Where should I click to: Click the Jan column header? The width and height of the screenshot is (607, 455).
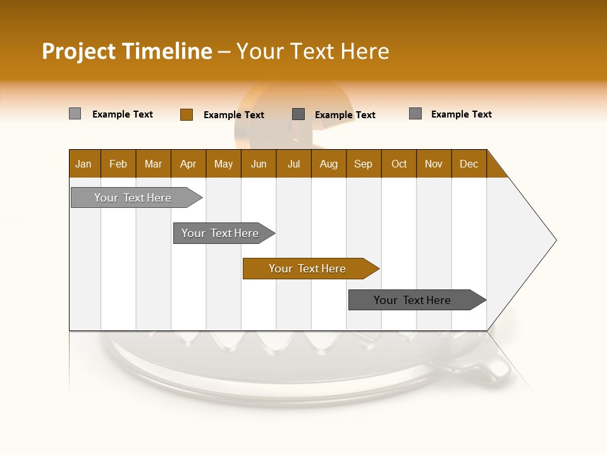point(84,164)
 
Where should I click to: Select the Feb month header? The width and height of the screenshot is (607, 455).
point(118,164)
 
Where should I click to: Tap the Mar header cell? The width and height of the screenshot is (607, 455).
point(153,164)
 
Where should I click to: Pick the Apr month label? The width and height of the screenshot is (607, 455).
point(188,164)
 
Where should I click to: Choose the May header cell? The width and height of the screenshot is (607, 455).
point(223,164)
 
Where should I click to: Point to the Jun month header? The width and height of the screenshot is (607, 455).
point(259,164)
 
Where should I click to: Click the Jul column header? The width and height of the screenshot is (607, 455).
point(293,164)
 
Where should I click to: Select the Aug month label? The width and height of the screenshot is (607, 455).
point(329,164)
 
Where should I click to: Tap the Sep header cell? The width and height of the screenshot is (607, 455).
point(364,164)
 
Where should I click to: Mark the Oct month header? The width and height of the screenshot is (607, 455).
point(399,164)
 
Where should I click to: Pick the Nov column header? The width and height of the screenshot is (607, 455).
point(434,164)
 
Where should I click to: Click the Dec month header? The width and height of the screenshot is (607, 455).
point(469,164)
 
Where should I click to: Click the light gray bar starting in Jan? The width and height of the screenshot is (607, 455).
point(133,198)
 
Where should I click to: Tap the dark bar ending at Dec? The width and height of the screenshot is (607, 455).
point(414,300)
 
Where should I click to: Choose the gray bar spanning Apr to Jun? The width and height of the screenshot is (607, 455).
point(221,233)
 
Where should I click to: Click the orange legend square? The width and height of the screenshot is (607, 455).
point(187,114)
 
